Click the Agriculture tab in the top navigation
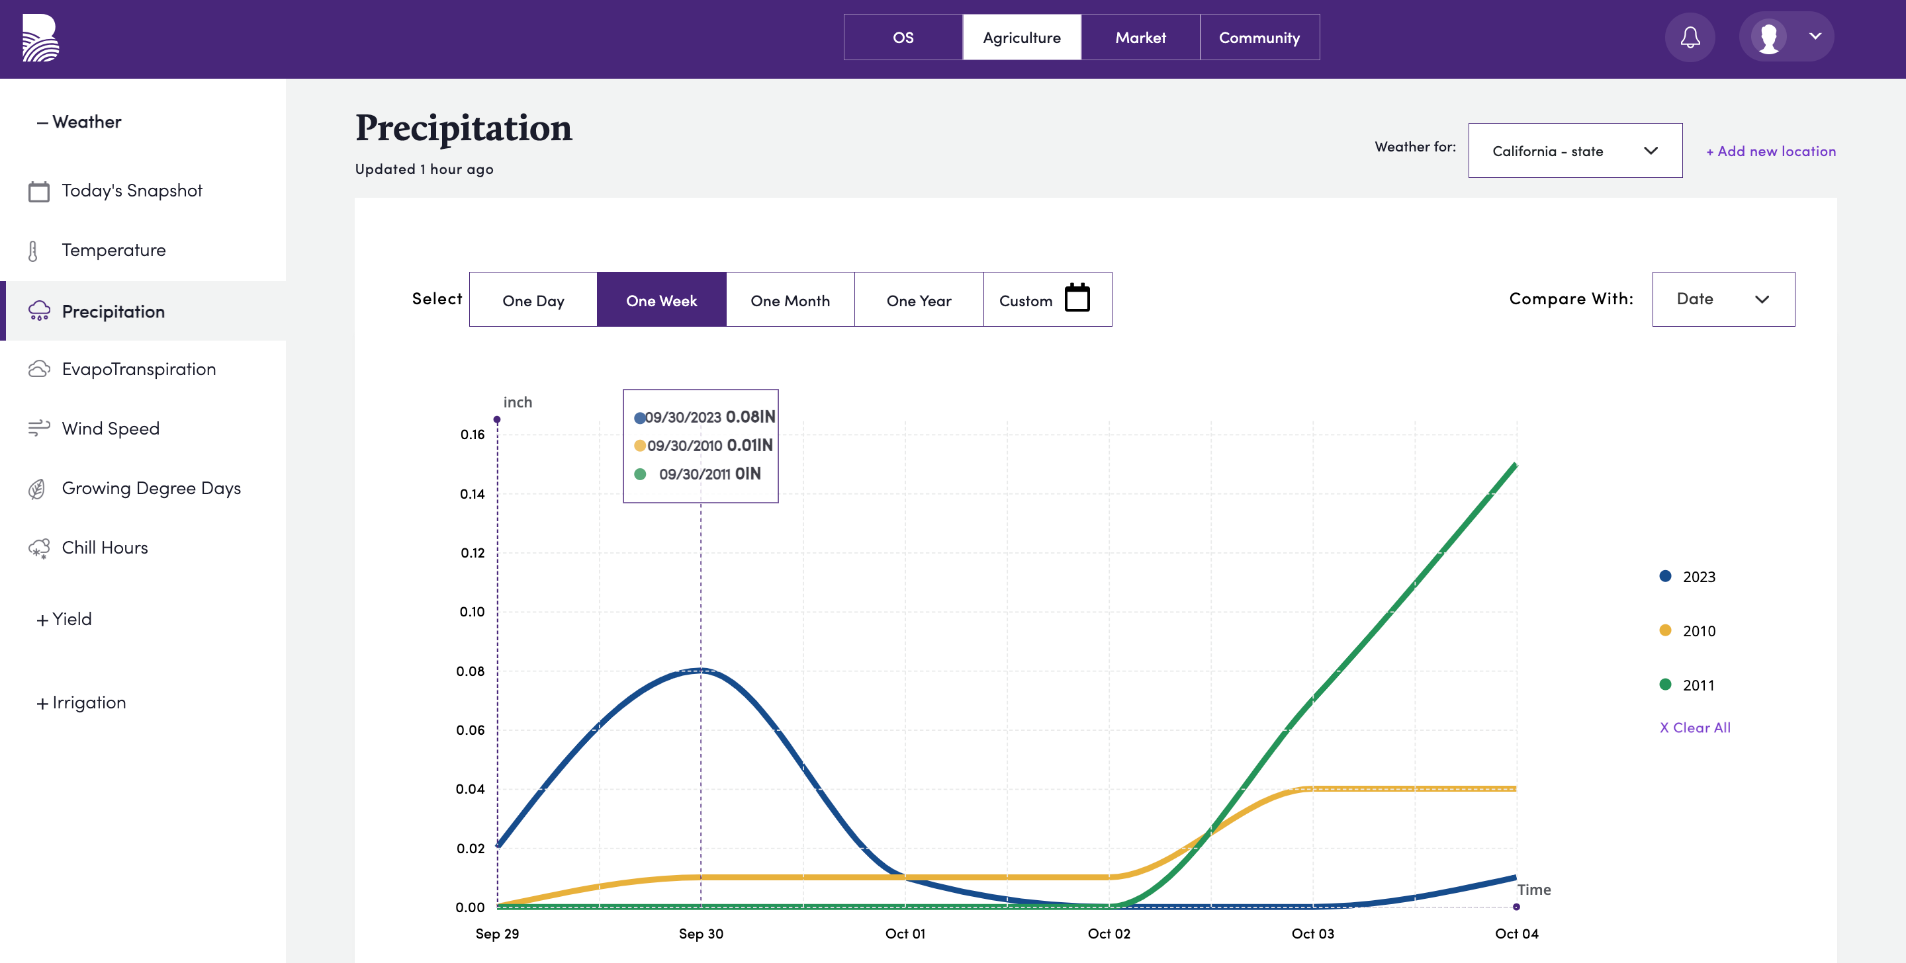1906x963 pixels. [x=1021, y=37]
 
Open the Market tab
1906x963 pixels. [x=1140, y=37]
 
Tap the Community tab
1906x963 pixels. [x=1259, y=37]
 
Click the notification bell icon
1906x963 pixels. [x=1690, y=37]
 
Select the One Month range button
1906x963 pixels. [x=790, y=300]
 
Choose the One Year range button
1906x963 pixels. [x=919, y=300]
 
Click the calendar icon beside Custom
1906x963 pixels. [x=1077, y=298]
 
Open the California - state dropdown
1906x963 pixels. [x=1574, y=150]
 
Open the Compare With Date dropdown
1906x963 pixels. [x=1723, y=299]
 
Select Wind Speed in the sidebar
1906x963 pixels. [x=111, y=428]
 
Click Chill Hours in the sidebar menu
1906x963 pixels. [x=105, y=548]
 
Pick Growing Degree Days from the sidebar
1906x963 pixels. [x=151, y=488]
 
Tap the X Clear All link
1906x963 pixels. [x=1694, y=727]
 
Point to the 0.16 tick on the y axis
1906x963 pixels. [x=472, y=434]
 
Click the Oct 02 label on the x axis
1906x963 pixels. [x=1109, y=933]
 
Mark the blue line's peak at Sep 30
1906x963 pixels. [x=701, y=670]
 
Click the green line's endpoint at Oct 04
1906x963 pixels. [x=1516, y=464]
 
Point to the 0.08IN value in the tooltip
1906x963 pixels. [x=750, y=417]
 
